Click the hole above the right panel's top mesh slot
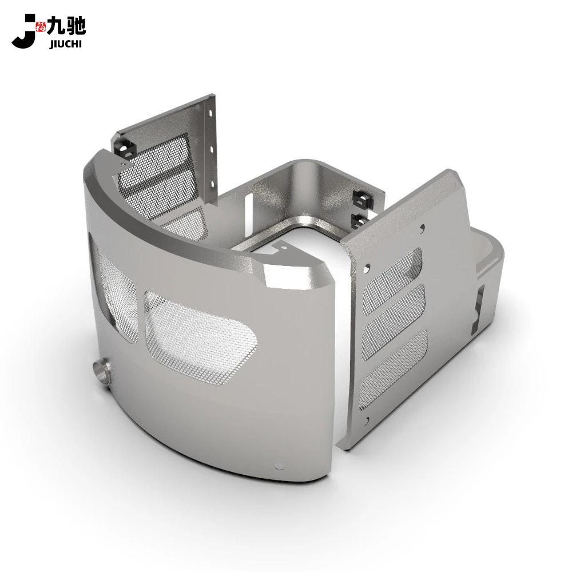[422, 228]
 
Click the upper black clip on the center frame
[362, 198]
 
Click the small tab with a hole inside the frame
[281, 247]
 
